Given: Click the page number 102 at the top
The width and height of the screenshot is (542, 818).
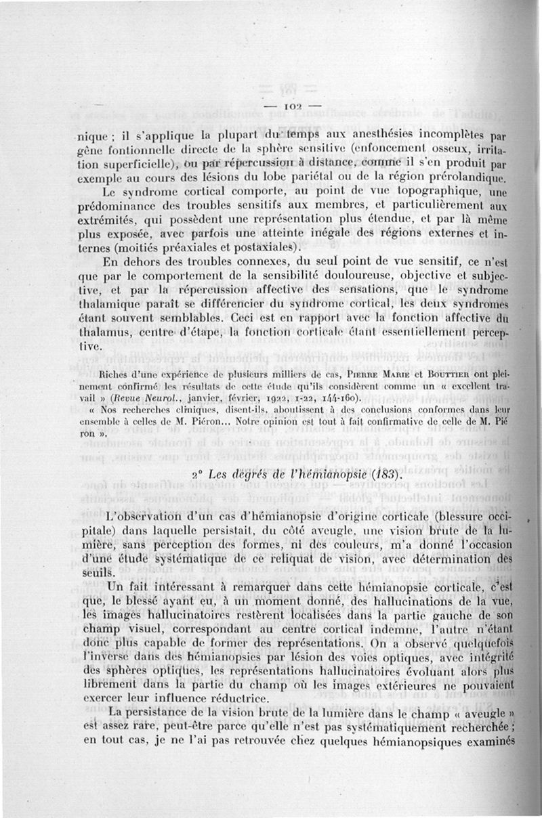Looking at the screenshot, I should pos(292,106).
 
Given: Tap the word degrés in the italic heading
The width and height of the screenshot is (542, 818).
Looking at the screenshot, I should pos(247,475).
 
